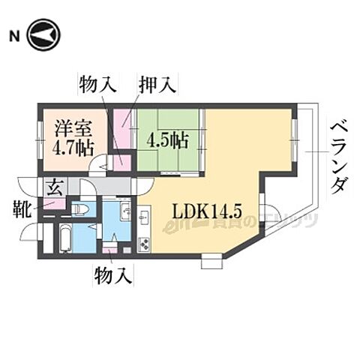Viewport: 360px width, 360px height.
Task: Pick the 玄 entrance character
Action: coord(55,188)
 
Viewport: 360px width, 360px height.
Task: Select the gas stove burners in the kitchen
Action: coord(143,244)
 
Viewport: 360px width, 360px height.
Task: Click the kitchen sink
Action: coord(143,216)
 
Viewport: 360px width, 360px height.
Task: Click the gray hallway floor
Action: coord(112,186)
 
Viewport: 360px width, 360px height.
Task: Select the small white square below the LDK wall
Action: coord(211,262)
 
